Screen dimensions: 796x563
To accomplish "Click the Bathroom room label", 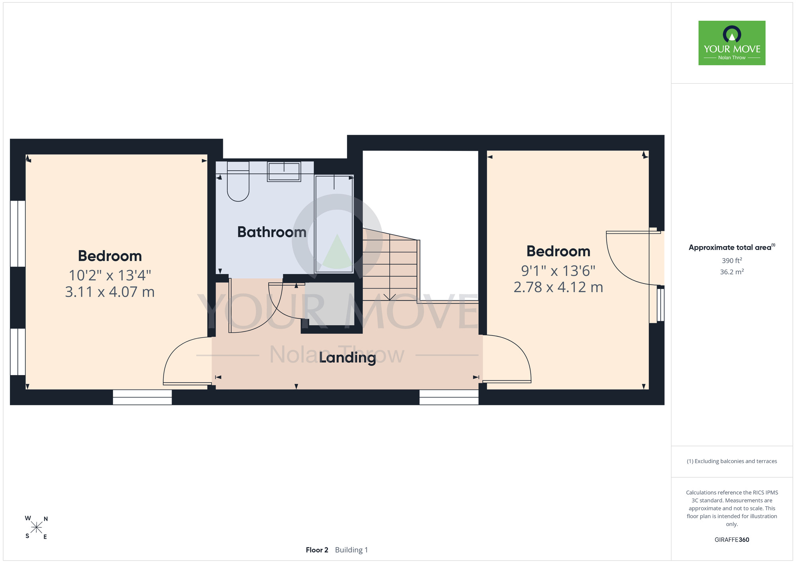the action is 272,232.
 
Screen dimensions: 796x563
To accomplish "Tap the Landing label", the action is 347,358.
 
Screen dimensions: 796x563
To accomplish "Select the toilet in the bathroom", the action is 238,181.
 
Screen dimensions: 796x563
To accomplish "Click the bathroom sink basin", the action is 284,172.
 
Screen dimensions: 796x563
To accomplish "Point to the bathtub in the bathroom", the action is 334,224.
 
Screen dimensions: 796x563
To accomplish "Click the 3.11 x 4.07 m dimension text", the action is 110,292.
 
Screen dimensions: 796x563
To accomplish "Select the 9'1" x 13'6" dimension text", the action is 558,271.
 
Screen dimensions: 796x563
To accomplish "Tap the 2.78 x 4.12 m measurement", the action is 558,287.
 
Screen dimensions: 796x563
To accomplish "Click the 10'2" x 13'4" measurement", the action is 110,275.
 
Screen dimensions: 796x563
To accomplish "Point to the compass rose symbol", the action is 36,528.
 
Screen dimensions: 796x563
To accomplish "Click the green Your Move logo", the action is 732,43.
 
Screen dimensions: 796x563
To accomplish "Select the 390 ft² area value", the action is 732,261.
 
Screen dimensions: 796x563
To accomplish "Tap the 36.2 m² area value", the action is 732,272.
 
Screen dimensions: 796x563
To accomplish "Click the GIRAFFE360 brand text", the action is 732,540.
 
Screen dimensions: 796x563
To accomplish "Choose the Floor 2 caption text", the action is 317,550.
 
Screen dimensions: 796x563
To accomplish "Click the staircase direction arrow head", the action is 389,297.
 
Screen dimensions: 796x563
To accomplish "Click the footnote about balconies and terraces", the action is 732,461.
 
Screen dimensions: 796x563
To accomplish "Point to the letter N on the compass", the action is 46,519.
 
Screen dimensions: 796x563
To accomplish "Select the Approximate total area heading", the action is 732,247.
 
